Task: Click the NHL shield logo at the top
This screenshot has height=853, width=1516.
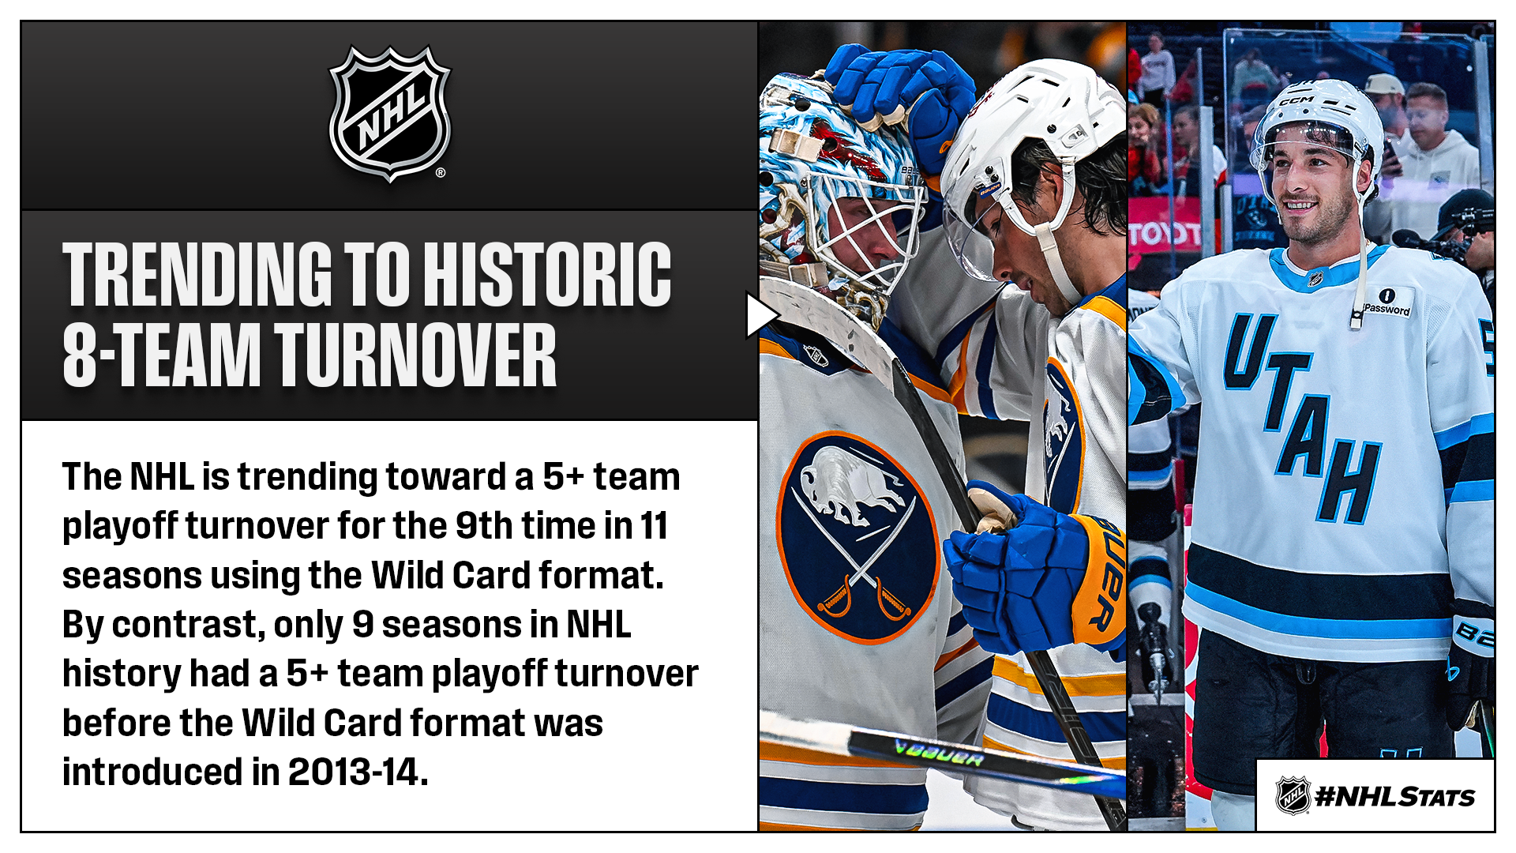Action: pos(389,113)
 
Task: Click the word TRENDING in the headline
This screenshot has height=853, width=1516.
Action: pos(197,274)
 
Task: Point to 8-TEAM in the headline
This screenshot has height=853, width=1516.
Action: pos(161,356)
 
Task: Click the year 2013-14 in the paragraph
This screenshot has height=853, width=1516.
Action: pos(357,772)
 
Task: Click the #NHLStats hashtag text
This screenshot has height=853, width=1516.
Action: pos(1395,797)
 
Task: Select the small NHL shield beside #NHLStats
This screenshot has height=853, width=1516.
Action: pos(1293,795)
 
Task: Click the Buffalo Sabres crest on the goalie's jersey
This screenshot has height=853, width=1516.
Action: pos(857,536)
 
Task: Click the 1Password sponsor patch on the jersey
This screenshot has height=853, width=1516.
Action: pos(1387,303)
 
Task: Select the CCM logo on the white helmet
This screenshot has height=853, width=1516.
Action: pos(1296,102)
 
